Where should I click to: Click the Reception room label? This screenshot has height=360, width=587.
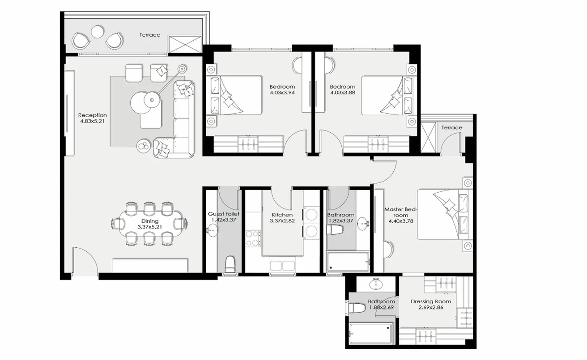tap(93, 115)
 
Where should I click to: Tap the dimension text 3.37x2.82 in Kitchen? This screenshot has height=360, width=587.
tap(282, 221)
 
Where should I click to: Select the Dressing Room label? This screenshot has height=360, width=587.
tap(430, 301)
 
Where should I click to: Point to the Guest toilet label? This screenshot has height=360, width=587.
tap(223, 214)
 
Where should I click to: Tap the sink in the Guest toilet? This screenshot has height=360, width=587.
tap(212, 231)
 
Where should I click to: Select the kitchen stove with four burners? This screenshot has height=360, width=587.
tap(253, 238)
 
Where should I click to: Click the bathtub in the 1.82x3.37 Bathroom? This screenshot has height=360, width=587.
tap(348, 262)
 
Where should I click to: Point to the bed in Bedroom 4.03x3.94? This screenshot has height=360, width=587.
tap(235, 95)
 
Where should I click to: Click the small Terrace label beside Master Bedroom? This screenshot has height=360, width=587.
tap(452, 127)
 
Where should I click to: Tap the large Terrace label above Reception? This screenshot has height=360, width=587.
tap(149, 35)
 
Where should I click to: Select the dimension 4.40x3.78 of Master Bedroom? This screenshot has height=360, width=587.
tap(400, 221)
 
